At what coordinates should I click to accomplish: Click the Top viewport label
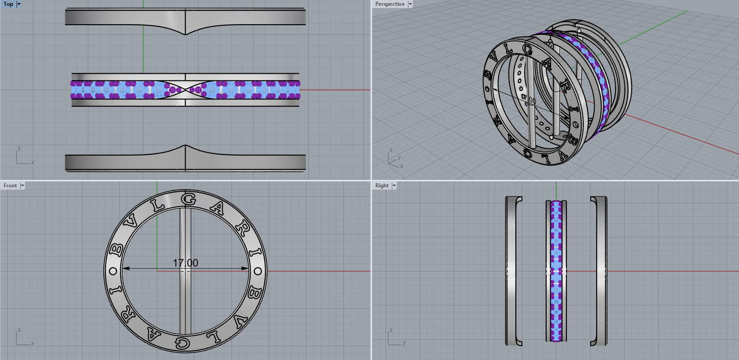click(x=8, y=4)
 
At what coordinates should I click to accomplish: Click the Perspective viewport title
click(x=389, y=4)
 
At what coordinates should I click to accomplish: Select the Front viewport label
click(x=10, y=186)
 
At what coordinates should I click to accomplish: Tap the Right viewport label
click(x=382, y=186)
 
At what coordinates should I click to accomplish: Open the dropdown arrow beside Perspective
click(x=410, y=4)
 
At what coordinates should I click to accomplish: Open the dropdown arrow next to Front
click(x=22, y=186)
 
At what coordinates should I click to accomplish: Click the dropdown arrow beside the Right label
click(x=394, y=186)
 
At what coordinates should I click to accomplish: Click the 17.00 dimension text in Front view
click(x=186, y=263)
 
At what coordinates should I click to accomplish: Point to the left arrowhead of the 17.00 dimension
click(x=126, y=268)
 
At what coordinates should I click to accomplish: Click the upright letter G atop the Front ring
click(x=189, y=199)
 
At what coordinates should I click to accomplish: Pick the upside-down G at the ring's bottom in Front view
click(x=182, y=343)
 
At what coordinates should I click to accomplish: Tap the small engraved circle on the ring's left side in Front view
click(x=113, y=271)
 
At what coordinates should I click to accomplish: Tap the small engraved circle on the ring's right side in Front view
click(x=258, y=271)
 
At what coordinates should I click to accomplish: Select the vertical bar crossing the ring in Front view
click(x=185, y=304)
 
